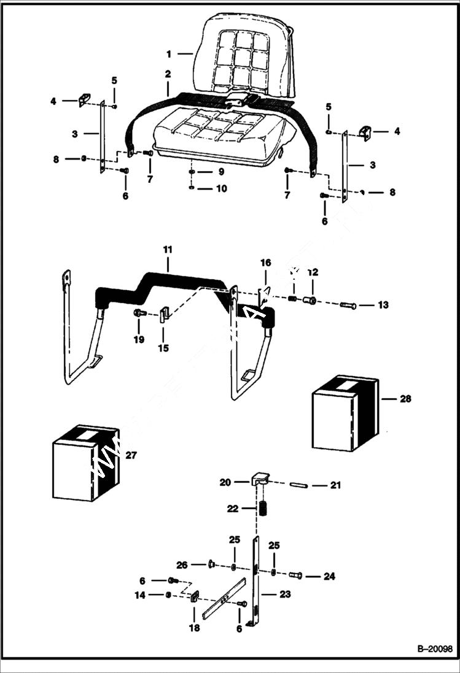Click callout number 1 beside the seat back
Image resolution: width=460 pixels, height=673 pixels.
pyautogui.click(x=169, y=54)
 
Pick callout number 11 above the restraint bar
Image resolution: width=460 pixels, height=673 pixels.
pyautogui.click(x=168, y=250)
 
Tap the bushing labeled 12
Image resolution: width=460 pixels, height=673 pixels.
pyautogui.click(x=310, y=300)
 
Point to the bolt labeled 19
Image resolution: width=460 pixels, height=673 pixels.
pyautogui.click(x=138, y=313)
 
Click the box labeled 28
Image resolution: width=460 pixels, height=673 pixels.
pyautogui.click(x=345, y=413)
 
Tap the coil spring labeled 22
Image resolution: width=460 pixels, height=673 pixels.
pyautogui.click(x=262, y=509)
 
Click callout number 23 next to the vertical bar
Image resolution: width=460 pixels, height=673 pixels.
pyautogui.click(x=284, y=594)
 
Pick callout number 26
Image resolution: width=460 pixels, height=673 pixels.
pyautogui.click(x=181, y=564)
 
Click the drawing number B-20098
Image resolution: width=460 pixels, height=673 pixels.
pyautogui.click(x=434, y=648)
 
